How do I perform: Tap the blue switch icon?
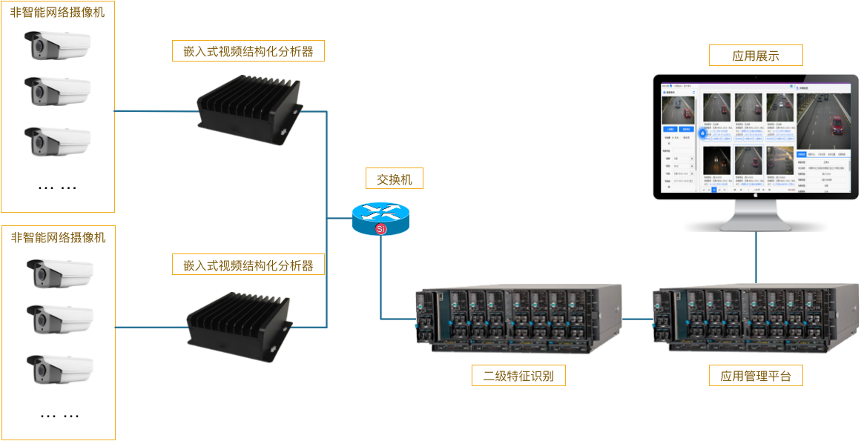click(380, 216)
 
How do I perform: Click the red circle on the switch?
click(381, 229)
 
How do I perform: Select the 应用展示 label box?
click(755, 56)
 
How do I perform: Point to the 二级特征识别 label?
click(518, 376)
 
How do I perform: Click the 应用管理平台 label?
click(756, 376)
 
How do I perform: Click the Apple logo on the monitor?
click(756, 193)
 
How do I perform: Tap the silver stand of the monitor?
click(756, 216)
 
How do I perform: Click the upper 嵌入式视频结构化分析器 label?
click(248, 51)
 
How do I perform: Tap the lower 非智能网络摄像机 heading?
click(59, 237)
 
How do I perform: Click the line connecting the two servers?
click(636, 319)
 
